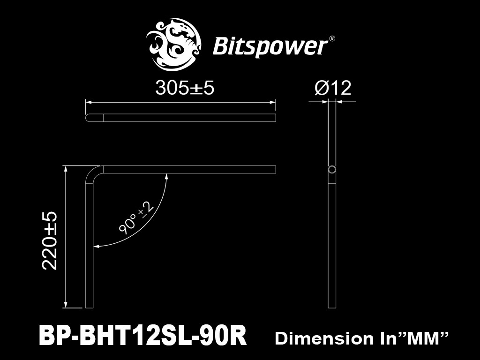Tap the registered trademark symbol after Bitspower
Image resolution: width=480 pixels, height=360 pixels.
tap(331, 39)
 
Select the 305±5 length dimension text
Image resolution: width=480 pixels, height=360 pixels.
tap(185, 88)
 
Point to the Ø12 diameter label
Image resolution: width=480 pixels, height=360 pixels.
tap(333, 88)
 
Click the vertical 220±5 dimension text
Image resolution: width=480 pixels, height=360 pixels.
tap(50, 240)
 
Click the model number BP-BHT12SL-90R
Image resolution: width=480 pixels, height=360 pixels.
tap(142, 337)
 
